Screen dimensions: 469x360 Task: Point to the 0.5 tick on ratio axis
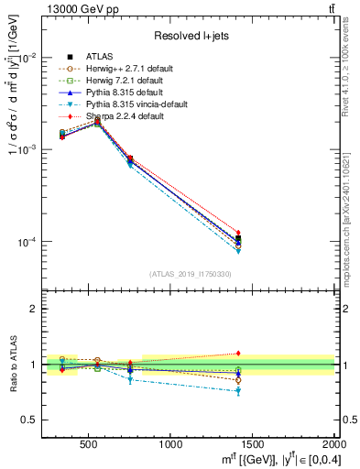coord(30,420)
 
